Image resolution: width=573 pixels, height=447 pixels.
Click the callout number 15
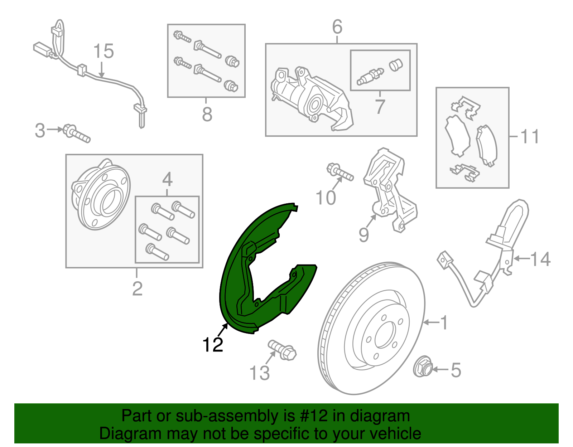tap(103, 51)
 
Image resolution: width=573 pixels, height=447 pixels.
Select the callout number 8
tap(207, 114)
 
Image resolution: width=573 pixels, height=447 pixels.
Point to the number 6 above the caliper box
tap(337, 26)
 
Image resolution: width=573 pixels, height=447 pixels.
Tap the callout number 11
tap(529, 136)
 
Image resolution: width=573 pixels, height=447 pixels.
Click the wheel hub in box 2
tap(101, 194)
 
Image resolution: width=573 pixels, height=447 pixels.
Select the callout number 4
tap(168, 179)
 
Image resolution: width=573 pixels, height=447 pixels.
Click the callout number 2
tap(137, 289)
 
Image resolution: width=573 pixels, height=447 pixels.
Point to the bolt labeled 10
tap(340, 172)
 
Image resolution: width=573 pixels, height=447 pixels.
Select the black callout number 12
tap(212, 345)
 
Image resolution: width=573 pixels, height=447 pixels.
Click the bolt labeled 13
tap(282, 350)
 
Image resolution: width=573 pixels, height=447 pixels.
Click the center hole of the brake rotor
tap(385, 334)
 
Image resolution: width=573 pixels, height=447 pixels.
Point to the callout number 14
tap(540, 259)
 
